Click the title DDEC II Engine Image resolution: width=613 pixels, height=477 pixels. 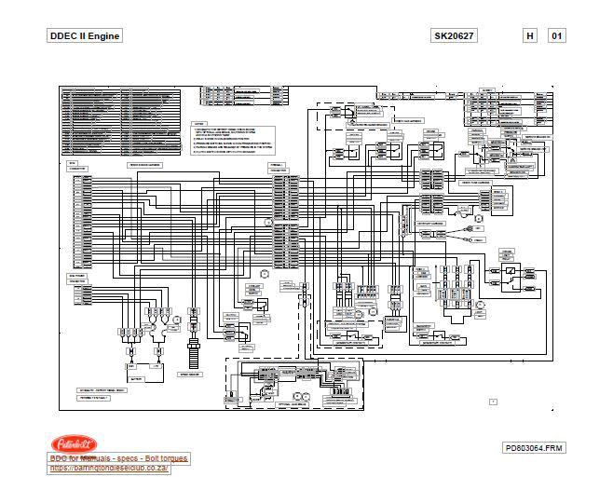84,36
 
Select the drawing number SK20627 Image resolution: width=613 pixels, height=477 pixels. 453,36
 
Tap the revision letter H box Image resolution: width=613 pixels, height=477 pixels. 530,36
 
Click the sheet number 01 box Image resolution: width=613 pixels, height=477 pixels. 557,36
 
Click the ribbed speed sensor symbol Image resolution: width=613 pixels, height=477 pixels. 194,353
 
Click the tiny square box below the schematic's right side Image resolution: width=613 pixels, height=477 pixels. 494,402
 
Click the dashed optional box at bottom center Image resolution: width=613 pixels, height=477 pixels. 293,384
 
